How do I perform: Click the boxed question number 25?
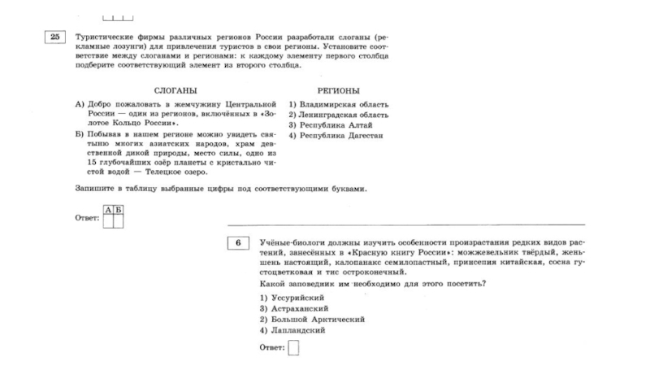coord(54,37)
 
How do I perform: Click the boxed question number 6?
coord(238,242)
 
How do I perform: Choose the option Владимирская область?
coord(340,105)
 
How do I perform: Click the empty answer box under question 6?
coord(293,348)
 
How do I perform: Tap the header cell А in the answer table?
coord(108,210)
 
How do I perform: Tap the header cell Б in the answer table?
coord(118,210)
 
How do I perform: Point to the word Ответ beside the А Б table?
coord(86,218)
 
